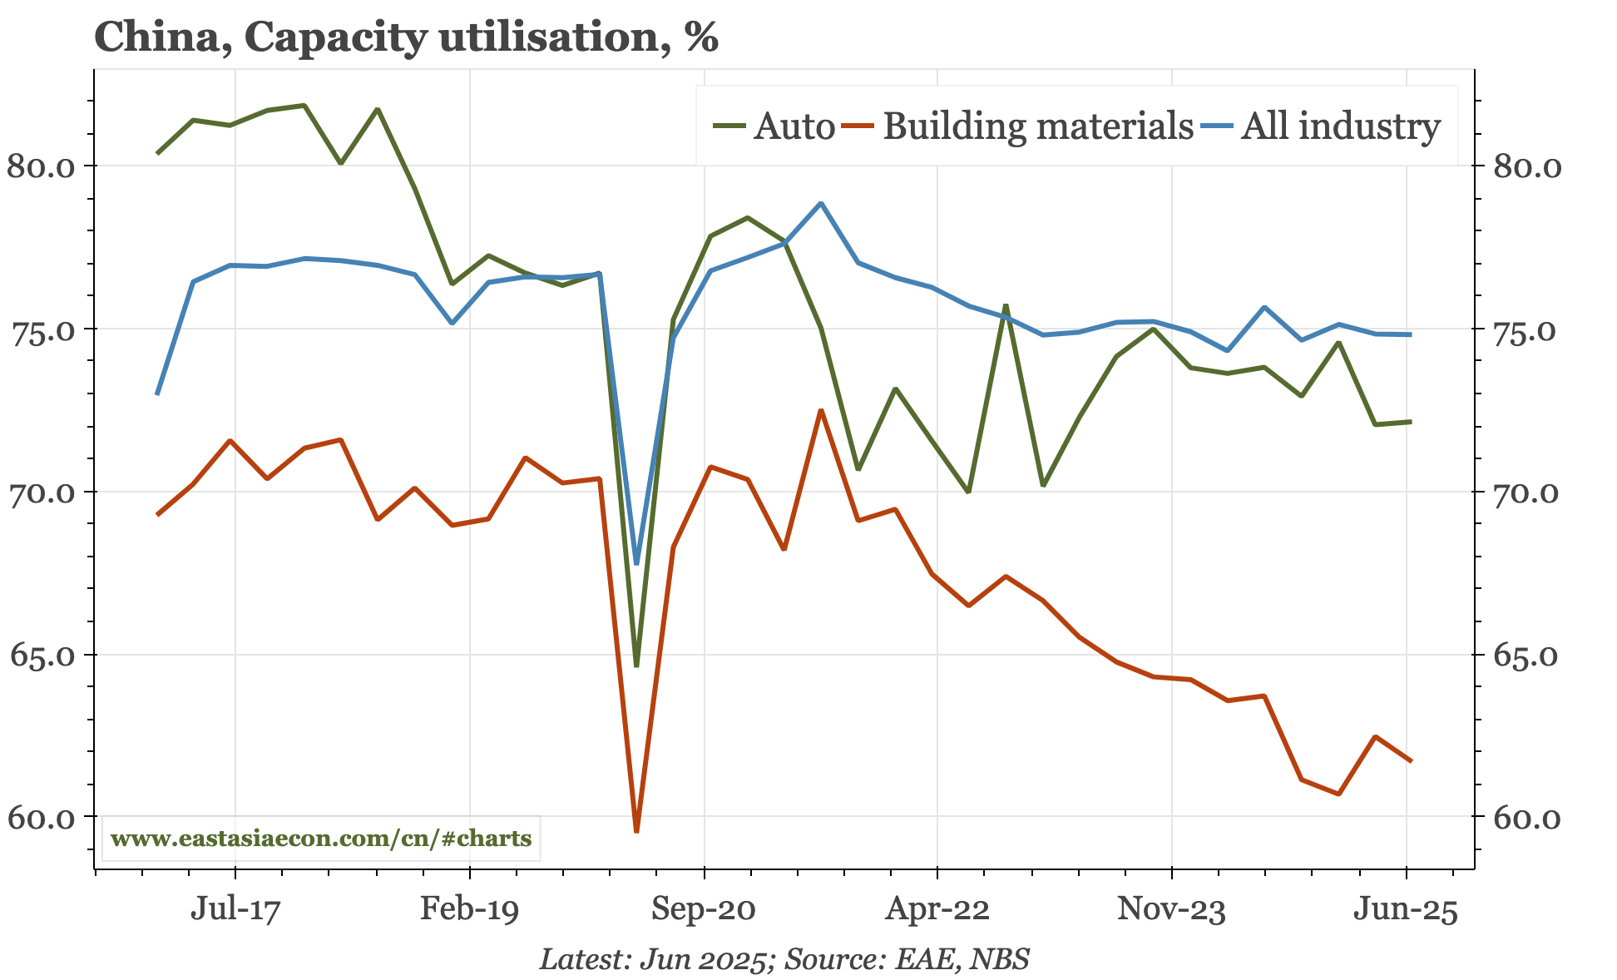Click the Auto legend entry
click(x=793, y=126)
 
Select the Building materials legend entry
click(x=1037, y=126)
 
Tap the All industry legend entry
click(x=1340, y=126)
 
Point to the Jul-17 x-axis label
click(x=235, y=910)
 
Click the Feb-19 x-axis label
click(x=470, y=910)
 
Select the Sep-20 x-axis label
click(x=704, y=910)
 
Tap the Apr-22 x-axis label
click(x=937, y=910)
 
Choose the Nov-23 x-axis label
click(x=1171, y=910)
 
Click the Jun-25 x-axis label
click(x=1406, y=910)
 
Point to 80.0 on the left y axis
click(x=41, y=166)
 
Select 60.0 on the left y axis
click(x=41, y=819)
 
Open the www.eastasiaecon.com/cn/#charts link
click(x=321, y=839)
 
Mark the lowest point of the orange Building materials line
click(x=636, y=831)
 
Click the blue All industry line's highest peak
click(x=821, y=203)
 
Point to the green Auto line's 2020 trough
click(x=636, y=666)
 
